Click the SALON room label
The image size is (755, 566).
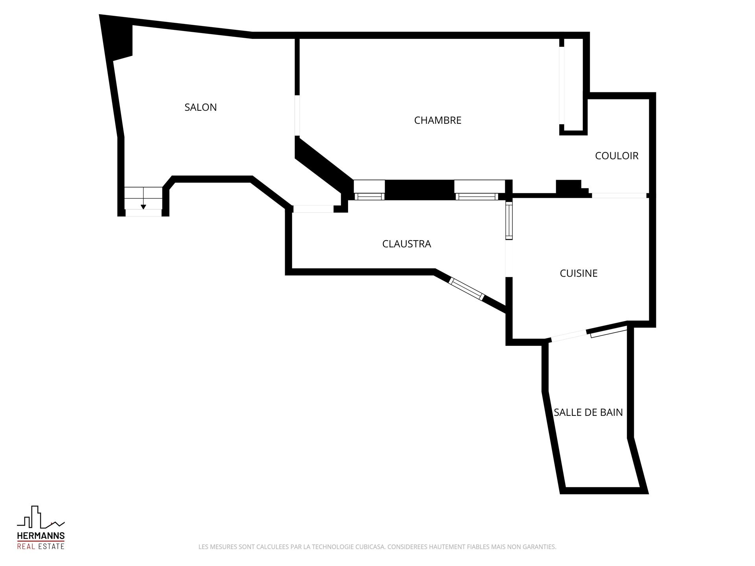click(201, 107)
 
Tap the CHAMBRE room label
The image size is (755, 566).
click(438, 120)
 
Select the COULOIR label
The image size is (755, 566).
click(617, 156)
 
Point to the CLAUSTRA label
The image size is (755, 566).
click(407, 244)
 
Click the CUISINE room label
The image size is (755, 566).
click(578, 273)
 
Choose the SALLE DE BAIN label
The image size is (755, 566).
click(588, 412)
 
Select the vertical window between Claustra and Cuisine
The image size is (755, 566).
click(509, 221)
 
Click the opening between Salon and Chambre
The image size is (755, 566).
click(297, 116)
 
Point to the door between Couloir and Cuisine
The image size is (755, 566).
click(619, 195)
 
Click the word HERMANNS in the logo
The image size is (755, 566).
click(41, 536)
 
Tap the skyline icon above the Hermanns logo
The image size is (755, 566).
click(41, 517)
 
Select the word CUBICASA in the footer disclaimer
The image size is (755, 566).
click(370, 547)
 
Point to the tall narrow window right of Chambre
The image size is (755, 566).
click(562, 85)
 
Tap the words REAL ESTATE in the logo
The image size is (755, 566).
click(41, 546)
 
